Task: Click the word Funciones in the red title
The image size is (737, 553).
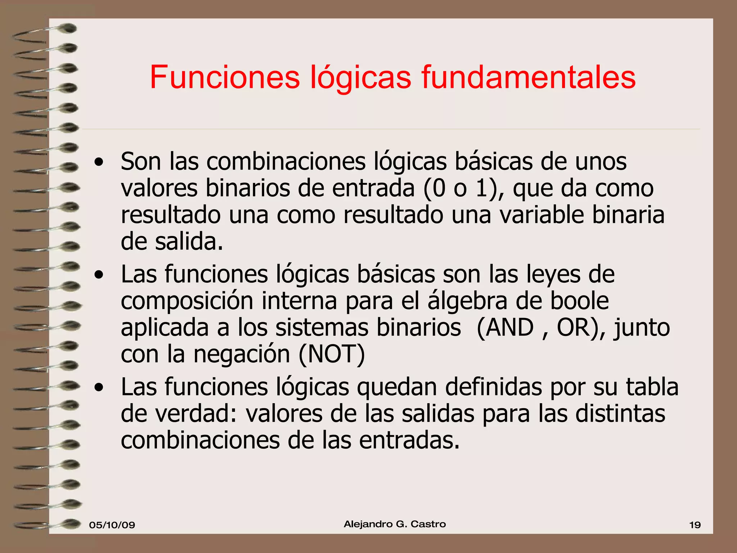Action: [225, 77]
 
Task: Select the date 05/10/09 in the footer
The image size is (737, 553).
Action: [112, 525]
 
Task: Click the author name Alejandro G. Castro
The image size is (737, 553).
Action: [395, 524]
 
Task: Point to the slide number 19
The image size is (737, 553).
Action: [695, 525]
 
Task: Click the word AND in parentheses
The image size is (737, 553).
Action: [510, 328]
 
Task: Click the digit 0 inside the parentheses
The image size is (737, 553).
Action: [439, 188]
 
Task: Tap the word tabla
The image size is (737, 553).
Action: [652, 387]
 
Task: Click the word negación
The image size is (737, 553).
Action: [241, 354]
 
